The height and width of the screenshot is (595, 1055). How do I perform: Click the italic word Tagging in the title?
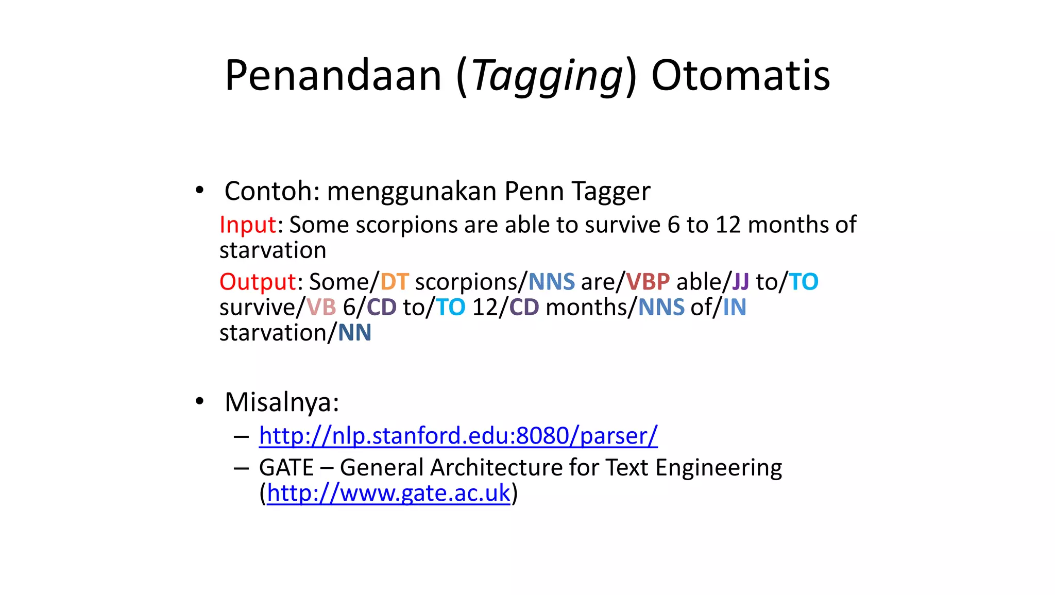pyautogui.click(x=548, y=76)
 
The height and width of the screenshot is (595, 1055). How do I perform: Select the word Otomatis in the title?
pyautogui.click(x=740, y=76)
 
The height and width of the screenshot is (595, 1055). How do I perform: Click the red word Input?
pyautogui.click(x=248, y=225)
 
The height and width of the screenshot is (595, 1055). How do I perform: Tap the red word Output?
pyautogui.click(x=258, y=282)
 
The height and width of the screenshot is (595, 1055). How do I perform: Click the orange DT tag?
pyautogui.click(x=394, y=282)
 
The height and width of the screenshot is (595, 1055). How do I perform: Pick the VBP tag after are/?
pyautogui.click(x=648, y=282)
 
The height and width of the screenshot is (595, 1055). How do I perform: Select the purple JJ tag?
pyautogui.click(x=740, y=282)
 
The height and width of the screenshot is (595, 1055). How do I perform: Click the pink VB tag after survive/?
pyautogui.click(x=321, y=308)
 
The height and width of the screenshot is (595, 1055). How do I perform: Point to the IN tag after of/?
pyautogui.click(x=734, y=308)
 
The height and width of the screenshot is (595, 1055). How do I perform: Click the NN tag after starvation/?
pyautogui.click(x=354, y=333)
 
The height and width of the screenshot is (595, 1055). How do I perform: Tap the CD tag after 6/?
pyautogui.click(x=381, y=308)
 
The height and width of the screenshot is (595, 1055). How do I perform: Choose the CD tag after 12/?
pyautogui.click(x=524, y=308)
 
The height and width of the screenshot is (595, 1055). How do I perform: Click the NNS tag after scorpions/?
pyautogui.click(x=551, y=282)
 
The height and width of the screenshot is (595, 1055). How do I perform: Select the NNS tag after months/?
pyautogui.click(x=661, y=308)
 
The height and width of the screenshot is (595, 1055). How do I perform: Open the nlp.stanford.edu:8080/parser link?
pyautogui.click(x=458, y=436)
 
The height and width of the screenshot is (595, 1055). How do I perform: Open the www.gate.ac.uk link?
pyautogui.click(x=388, y=493)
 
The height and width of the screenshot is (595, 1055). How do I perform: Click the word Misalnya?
pyautogui.click(x=281, y=402)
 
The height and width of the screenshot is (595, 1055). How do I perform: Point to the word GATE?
pyautogui.click(x=286, y=468)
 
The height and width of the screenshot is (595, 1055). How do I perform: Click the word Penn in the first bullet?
pyautogui.click(x=534, y=191)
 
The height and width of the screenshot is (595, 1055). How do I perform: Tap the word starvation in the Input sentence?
pyautogui.click(x=273, y=250)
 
